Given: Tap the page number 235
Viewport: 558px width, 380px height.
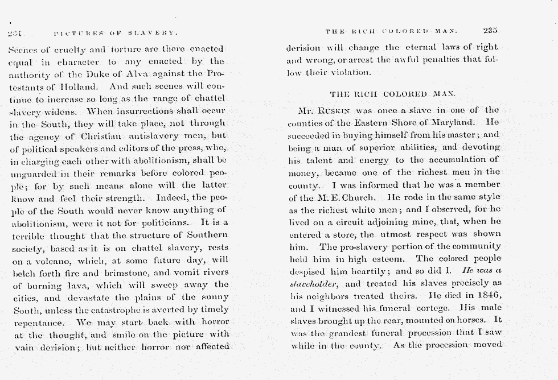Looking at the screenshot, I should click(490, 31).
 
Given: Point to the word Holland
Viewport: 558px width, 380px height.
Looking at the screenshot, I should click(68, 86).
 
